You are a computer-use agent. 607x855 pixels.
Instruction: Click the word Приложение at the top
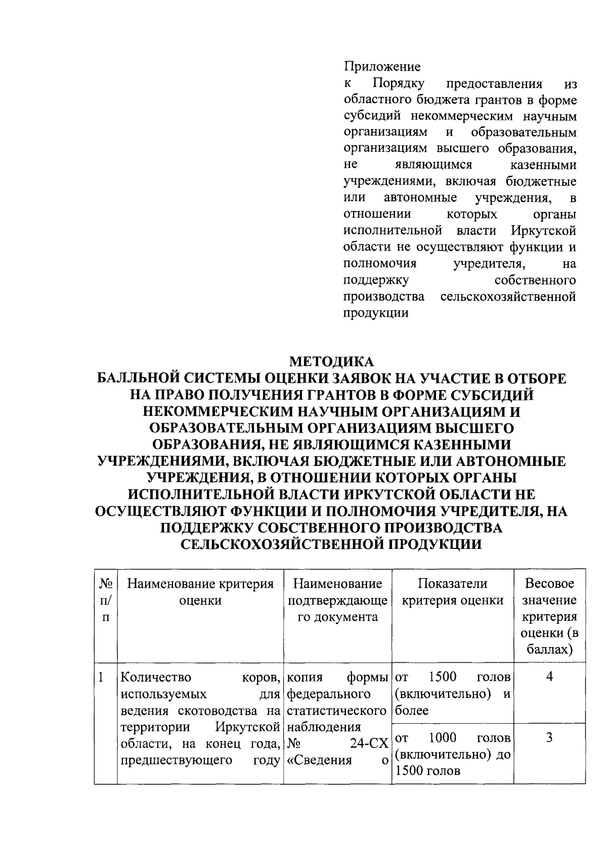[382, 66]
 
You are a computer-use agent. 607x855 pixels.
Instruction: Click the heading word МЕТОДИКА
[331, 362]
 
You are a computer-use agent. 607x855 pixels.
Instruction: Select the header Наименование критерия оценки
[200, 592]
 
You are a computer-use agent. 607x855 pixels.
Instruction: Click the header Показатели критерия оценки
[453, 592]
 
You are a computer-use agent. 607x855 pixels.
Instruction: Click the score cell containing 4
[549, 677]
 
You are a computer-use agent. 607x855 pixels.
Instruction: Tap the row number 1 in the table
[102, 677]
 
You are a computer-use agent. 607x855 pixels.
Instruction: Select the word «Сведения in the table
[319, 760]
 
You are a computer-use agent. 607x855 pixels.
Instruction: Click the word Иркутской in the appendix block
[543, 231]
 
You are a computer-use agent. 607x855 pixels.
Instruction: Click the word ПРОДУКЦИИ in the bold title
[429, 544]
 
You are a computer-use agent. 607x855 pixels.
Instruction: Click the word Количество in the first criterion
[156, 677]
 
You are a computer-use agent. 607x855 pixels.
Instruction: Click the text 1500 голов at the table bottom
[428, 771]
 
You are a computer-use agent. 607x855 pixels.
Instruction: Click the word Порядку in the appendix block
[399, 83]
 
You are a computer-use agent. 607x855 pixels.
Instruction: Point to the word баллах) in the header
[549, 650]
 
